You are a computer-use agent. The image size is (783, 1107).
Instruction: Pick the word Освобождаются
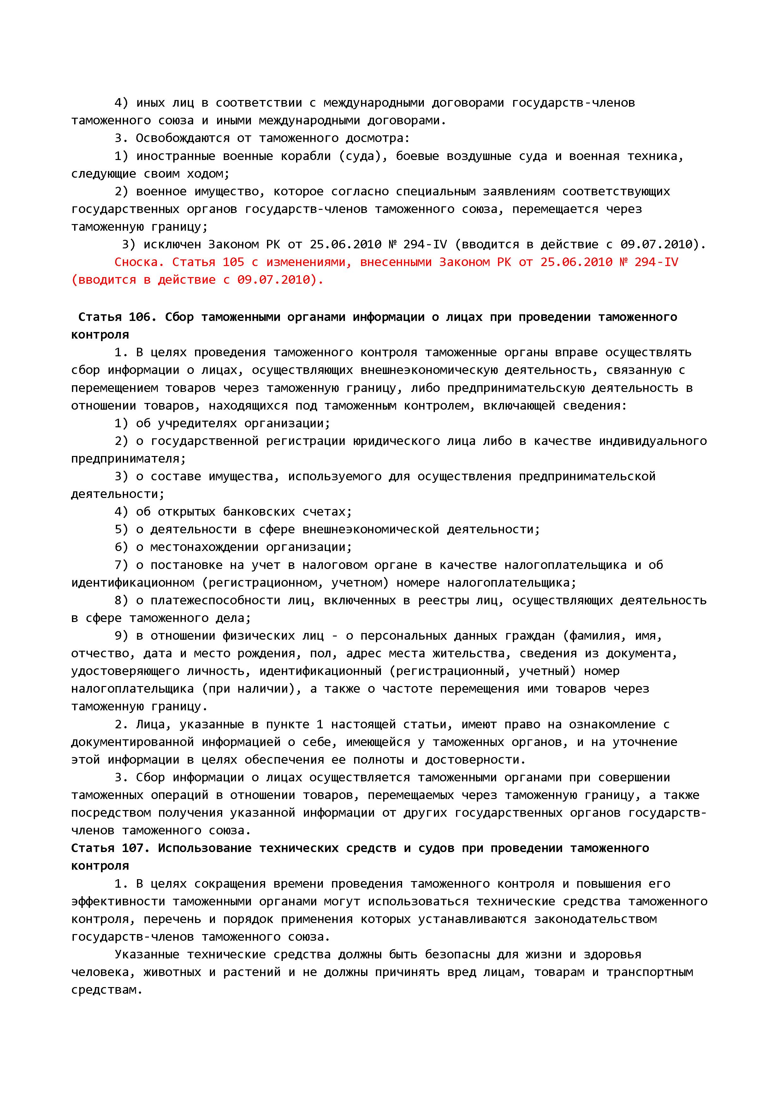(x=182, y=138)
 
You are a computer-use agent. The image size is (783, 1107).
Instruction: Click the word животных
(x=172, y=972)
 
